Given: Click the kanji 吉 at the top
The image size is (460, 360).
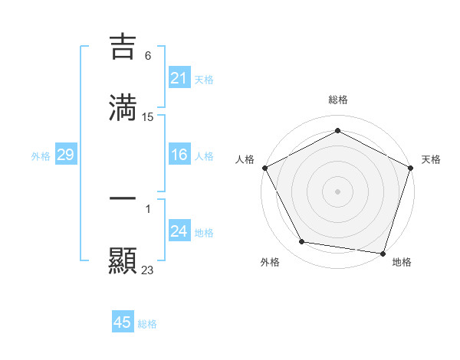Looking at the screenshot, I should coord(123,46).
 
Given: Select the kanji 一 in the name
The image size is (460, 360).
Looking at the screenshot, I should coord(123,199).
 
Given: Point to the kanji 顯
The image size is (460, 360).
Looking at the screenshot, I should coord(123,260).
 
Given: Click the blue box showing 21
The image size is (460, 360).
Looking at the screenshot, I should coord(179,78).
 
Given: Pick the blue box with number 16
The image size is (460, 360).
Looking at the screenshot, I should coord(179,155).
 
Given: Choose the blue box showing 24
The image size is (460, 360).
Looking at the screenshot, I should coord(179,232).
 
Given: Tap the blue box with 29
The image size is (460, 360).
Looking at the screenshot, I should coord(65,155).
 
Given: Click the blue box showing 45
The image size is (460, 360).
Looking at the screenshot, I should coord(123,322).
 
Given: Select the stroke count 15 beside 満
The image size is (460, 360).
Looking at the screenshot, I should coord(148,117).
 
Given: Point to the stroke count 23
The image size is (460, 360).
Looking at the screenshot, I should coord(148,270).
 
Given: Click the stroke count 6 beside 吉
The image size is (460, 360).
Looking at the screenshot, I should coord(148,55).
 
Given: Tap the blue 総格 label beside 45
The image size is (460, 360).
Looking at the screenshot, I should coord(147,324).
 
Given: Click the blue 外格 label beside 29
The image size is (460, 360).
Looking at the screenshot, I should coord(41,156).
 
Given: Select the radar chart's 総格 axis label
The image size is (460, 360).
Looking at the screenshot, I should coord(338,100).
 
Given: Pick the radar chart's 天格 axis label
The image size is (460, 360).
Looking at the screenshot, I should coord(431,159).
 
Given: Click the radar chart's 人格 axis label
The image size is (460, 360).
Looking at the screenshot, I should coord(245,159).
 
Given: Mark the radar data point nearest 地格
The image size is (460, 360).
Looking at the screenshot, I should coord(383,253).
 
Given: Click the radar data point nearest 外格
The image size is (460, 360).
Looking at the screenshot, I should coord(302,242).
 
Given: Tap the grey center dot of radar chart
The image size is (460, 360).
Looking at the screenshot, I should coord(338,191).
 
